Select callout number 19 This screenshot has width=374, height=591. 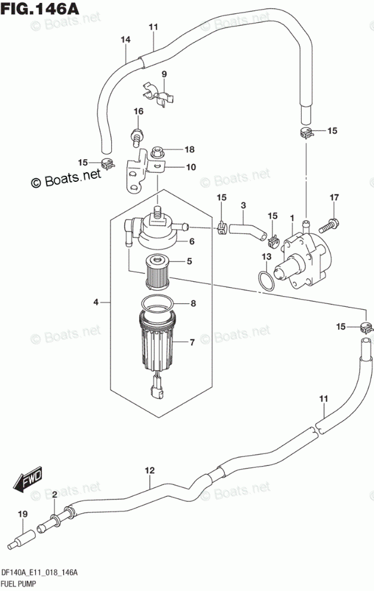pos(23,514)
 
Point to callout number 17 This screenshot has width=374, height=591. pos(334,197)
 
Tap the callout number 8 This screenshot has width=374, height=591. pos(192,303)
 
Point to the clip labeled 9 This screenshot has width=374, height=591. pos(157,93)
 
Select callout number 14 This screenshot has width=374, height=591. pos(125,40)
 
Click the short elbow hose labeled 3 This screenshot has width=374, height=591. pos(244,229)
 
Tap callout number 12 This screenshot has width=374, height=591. pos(150,470)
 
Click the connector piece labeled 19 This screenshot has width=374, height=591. pos(22,537)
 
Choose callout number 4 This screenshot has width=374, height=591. pos(96,303)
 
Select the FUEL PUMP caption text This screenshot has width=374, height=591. pos(21,583)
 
